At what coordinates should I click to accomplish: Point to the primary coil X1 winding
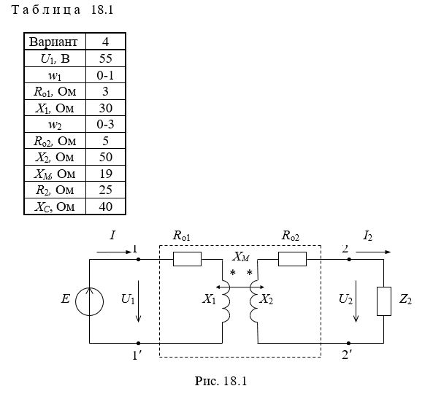click(226, 301)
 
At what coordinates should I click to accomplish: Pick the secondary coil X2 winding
click(253, 301)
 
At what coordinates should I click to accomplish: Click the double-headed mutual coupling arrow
click(240, 287)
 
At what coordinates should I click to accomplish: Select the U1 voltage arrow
click(138, 301)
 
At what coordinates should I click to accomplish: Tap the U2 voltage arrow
click(356, 301)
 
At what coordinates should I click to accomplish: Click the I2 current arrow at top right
click(373, 252)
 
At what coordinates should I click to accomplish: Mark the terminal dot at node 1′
click(138, 343)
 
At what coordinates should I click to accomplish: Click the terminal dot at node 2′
click(349, 343)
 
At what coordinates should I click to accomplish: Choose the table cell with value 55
click(105, 58)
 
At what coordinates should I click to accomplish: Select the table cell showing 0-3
click(105, 124)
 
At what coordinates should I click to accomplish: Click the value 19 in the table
click(105, 174)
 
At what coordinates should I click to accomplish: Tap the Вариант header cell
click(55, 42)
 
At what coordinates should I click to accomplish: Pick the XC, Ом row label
click(55, 206)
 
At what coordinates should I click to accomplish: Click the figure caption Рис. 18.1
click(221, 381)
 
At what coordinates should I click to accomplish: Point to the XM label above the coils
click(241, 257)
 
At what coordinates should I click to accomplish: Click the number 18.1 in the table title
click(102, 10)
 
